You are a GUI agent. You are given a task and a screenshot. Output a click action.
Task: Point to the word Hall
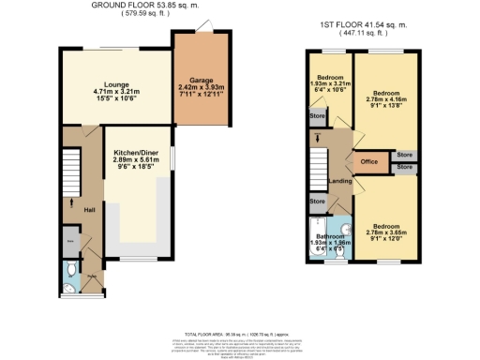pos(90,210)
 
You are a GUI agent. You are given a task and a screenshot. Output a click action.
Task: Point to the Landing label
pos(338,181)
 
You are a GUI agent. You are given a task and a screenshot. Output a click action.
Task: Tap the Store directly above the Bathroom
pos(317,202)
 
